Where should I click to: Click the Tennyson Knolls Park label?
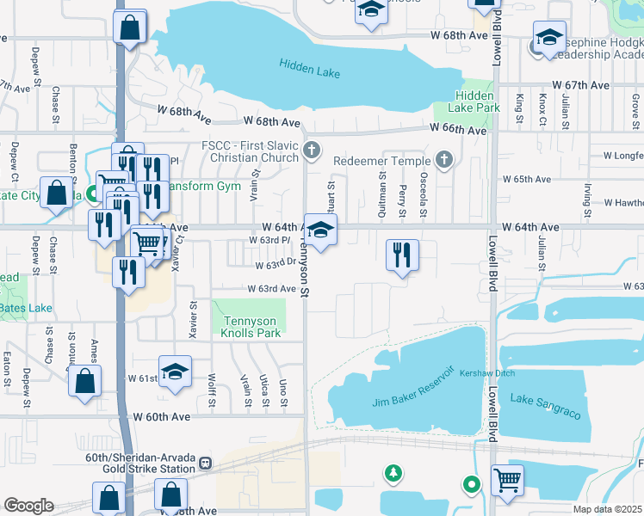[x=251, y=327]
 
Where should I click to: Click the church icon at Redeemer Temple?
[x=443, y=159]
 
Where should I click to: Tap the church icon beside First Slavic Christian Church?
[x=312, y=151]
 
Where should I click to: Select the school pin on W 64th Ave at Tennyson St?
[x=320, y=231]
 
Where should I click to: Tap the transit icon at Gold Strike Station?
[x=205, y=464]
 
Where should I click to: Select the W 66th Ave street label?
[x=459, y=130]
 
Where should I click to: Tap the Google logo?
[x=28, y=506]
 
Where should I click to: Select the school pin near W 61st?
[x=176, y=373]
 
